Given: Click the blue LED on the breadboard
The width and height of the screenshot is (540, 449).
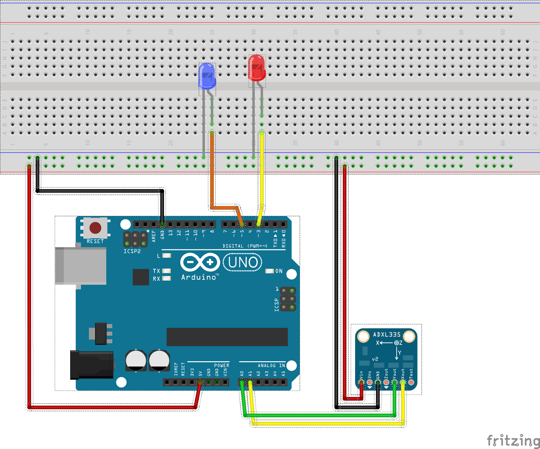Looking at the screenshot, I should (x=207, y=76).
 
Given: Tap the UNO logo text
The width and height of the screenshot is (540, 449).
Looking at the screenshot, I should (x=243, y=263).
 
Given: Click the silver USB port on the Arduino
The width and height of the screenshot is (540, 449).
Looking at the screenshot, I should (x=81, y=266).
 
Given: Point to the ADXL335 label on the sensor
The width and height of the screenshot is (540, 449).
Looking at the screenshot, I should (x=386, y=334).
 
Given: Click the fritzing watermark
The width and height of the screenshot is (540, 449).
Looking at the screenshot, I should (x=513, y=441).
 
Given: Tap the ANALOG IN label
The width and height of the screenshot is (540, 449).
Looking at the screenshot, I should (x=271, y=366).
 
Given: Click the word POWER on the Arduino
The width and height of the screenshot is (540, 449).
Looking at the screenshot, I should (x=221, y=366).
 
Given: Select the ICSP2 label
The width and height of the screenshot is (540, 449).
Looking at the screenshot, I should (x=132, y=251).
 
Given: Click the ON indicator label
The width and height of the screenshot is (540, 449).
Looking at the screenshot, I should (x=279, y=271).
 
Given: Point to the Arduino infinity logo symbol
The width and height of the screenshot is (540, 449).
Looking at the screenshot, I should (x=200, y=262).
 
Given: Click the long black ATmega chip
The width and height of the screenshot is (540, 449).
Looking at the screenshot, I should (x=227, y=337).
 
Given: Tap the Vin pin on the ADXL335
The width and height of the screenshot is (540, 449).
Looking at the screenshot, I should (x=361, y=382).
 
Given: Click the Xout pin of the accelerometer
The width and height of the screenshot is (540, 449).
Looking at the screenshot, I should (x=403, y=382).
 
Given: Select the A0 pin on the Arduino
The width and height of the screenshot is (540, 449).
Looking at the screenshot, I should (x=242, y=382).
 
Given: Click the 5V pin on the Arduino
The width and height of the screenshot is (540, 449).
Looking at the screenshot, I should (x=200, y=382).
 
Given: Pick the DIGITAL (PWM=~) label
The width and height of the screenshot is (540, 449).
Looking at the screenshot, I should (x=245, y=246).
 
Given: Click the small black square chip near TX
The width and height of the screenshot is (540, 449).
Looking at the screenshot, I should (x=141, y=277).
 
